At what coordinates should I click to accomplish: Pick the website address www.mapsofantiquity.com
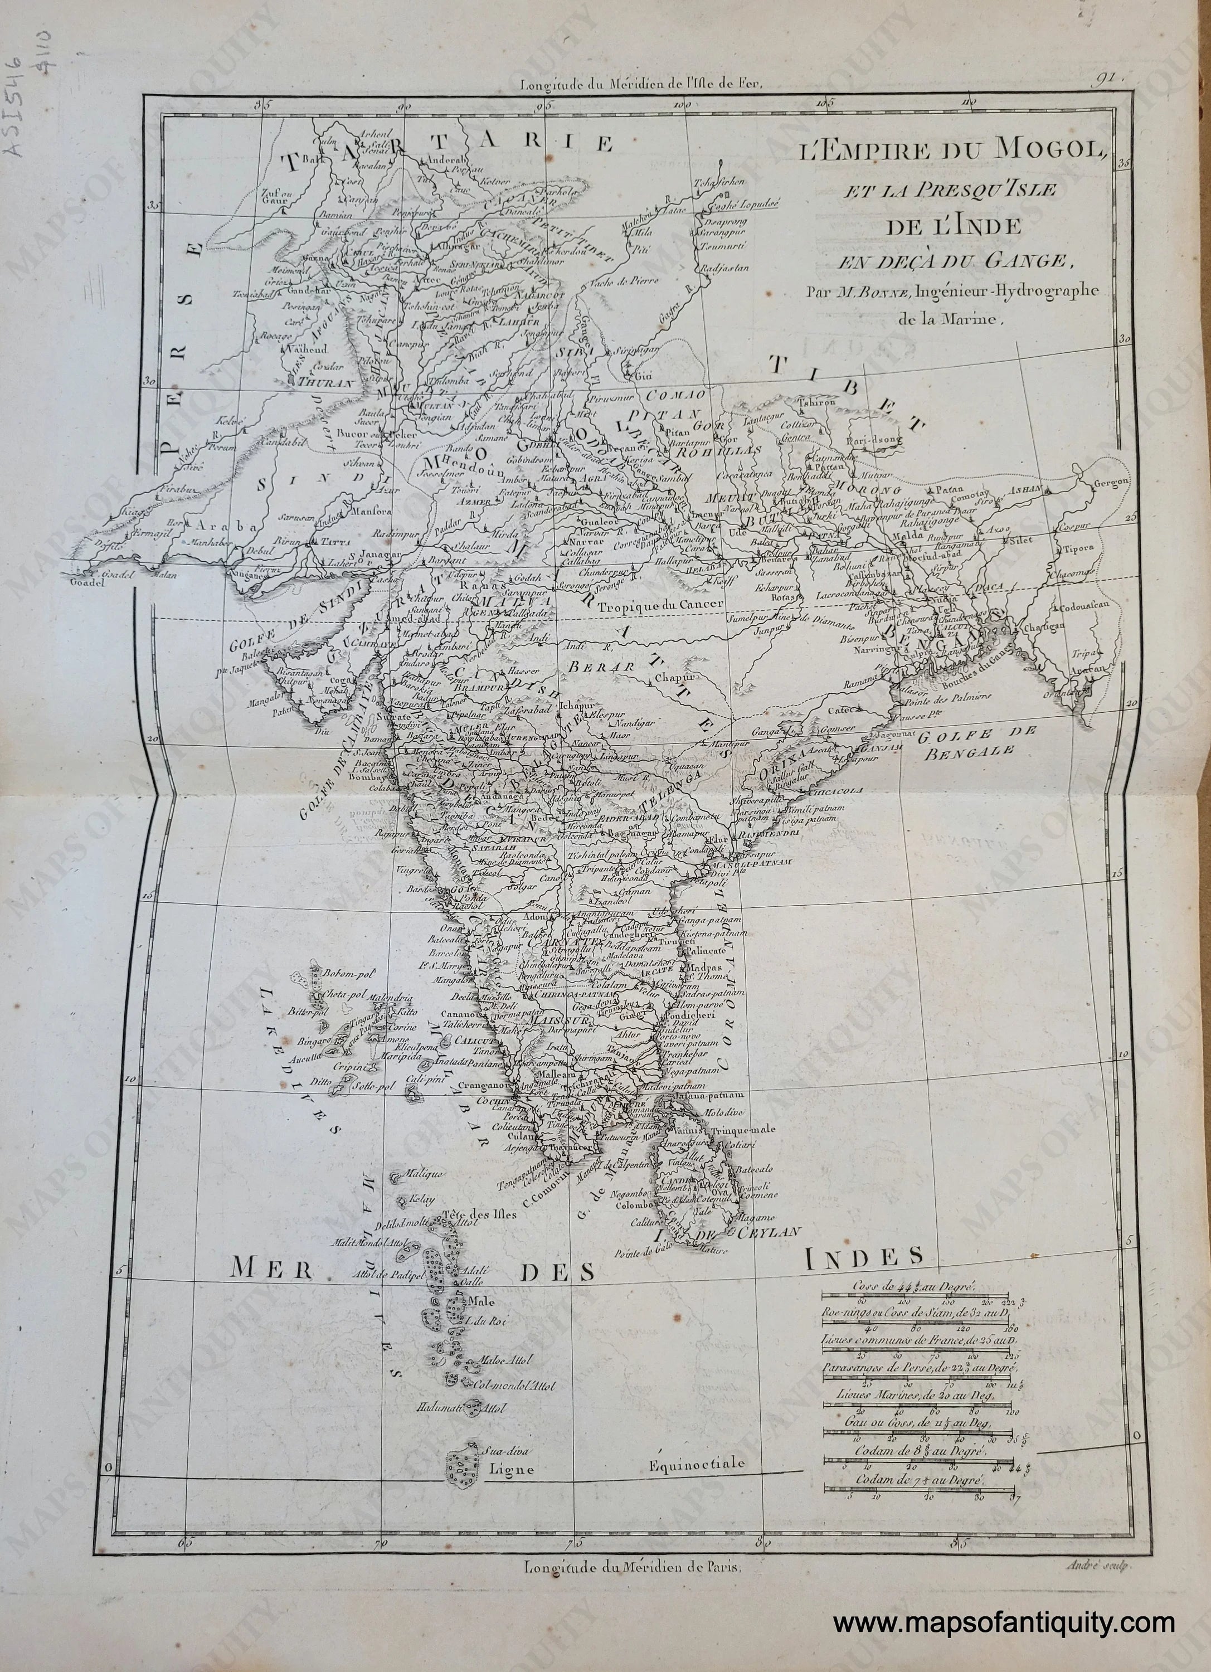point(1004,1624)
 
